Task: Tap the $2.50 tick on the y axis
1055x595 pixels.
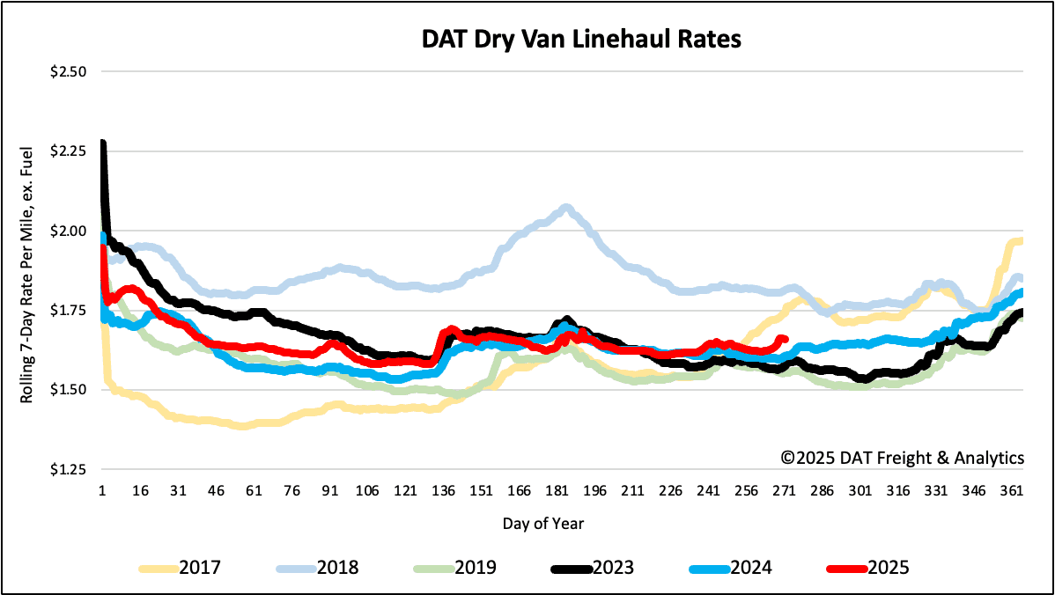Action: pos(68,72)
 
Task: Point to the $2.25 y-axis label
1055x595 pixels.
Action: pos(68,151)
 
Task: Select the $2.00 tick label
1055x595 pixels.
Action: pos(68,231)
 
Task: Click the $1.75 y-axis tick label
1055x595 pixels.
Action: pos(68,310)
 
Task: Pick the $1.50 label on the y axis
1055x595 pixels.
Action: pos(68,389)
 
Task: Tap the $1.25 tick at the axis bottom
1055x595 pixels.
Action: pos(68,469)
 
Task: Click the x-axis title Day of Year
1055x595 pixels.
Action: pos(543,524)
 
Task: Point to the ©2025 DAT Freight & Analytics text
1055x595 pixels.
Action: pos(904,458)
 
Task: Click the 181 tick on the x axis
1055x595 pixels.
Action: pos(556,491)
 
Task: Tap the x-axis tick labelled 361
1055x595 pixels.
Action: pos(1011,491)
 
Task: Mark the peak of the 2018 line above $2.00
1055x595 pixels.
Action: pos(564,209)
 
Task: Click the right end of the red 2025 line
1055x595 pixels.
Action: pos(784,339)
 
